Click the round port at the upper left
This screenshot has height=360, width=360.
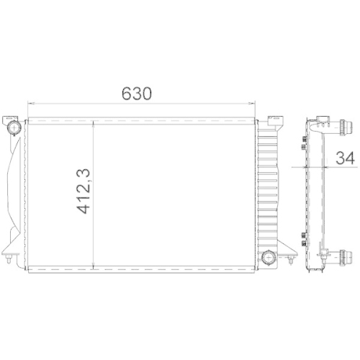pos(13,128)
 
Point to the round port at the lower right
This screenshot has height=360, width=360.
pos(269,256)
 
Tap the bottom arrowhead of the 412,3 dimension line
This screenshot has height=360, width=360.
pos(95,271)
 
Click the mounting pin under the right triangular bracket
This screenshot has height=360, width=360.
pos(292,261)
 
